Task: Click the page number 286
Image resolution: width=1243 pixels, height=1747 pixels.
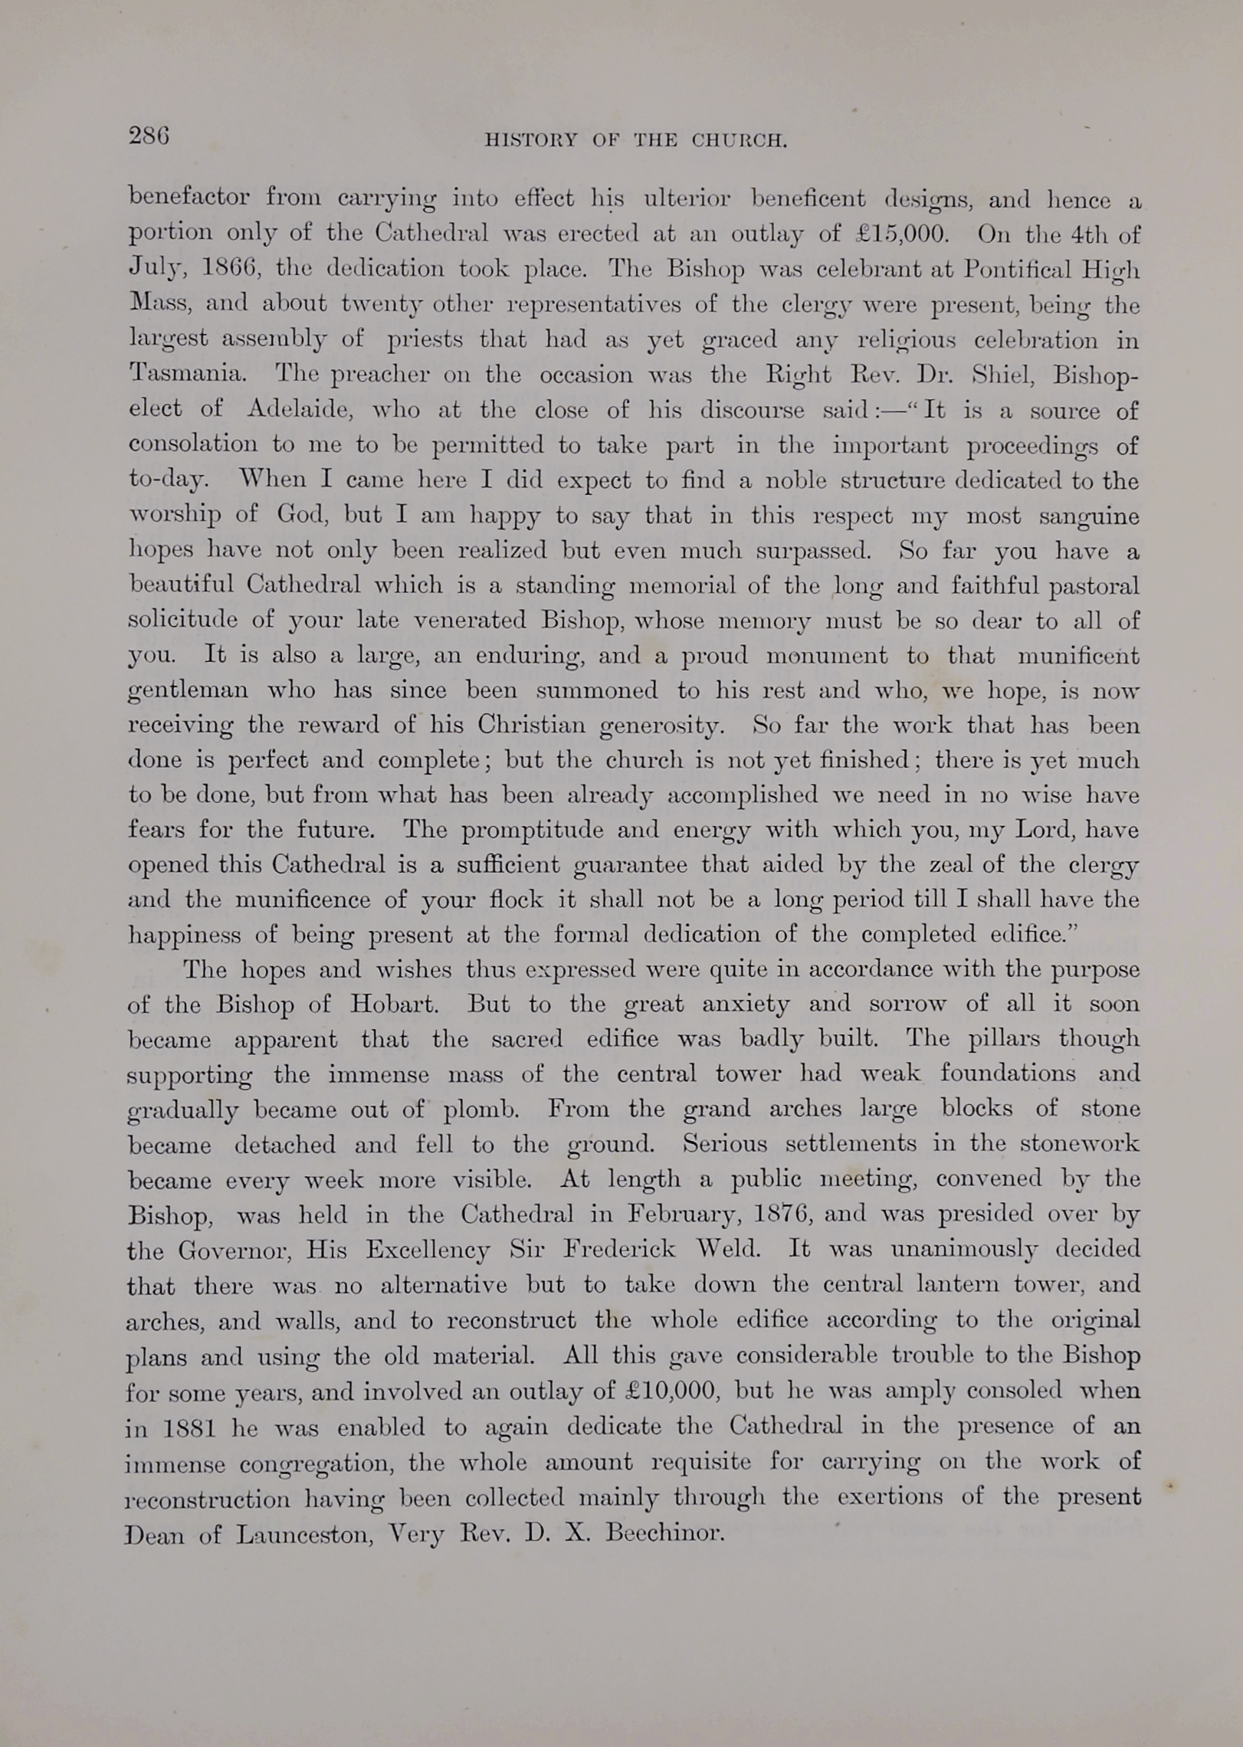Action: (149, 136)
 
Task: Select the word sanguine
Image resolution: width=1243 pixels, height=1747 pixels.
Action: (1089, 516)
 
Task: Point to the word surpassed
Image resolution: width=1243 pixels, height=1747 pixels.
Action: (813, 551)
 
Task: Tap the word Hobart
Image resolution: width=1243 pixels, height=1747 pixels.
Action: (394, 1005)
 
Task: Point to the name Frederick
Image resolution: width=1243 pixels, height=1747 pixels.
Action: (619, 1250)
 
